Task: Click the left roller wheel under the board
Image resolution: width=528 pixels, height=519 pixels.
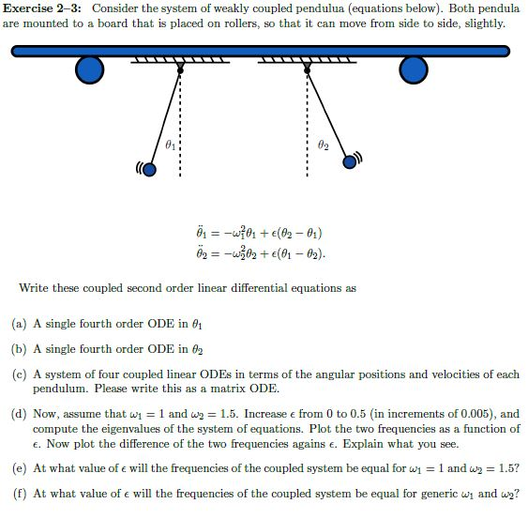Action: click(x=89, y=69)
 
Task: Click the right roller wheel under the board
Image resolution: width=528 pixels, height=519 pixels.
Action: click(x=413, y=69)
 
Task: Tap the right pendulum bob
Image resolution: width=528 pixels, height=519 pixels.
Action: click(x=351, y=160)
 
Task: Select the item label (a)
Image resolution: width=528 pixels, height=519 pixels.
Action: click(x=19, y=324)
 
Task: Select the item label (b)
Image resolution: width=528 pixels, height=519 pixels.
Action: click(x=19, y=349)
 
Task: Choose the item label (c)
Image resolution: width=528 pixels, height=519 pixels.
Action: click(x=19, y=374)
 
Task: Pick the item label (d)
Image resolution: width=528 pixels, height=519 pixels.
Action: click(x=19, y=414)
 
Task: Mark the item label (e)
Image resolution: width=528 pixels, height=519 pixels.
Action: click(x=19, y=467)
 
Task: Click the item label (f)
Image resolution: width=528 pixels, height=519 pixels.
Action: click(x=19, y=493)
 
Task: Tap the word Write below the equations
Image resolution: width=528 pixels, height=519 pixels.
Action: click(x=35, y=288)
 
